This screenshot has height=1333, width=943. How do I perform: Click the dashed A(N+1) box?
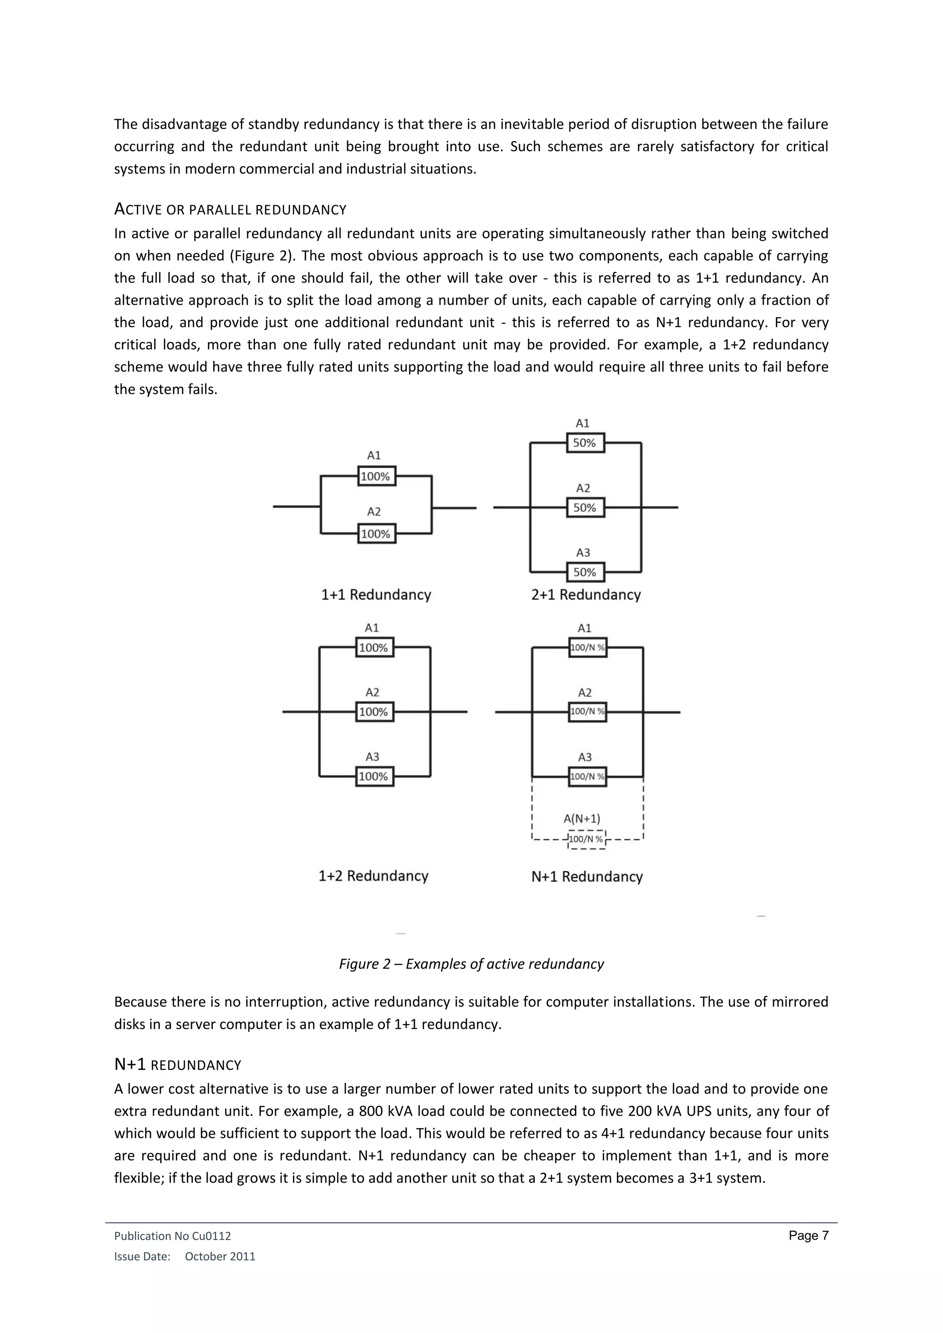pyautogui.click(x=587, y=840)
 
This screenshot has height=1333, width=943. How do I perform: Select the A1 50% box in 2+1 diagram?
pyautogui.click(x=585, y=443)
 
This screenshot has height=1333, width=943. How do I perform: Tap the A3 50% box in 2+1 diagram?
pyautogui.click(x=585, y=573)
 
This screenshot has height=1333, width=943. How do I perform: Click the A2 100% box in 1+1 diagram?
pyautogui.click(x=376, y=534)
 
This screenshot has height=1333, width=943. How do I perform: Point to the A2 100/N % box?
pyautogui.click(x=587, y=712)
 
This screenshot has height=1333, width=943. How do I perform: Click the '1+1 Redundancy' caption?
pyautogui.click(x=376, y=595)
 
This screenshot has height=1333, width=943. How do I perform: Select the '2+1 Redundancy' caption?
pyautogui.click(x=585, y=595)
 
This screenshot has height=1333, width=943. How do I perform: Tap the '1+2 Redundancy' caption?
pyautogui.click(x=373, y=876)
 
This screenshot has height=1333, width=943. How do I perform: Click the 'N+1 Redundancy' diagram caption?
pyautogui.click(x=587, y=877)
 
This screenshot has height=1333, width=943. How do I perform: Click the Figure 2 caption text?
pyautogui.click(x=471, y=964)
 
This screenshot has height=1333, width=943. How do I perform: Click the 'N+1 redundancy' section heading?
pyautogui.click(x=177, y=1065)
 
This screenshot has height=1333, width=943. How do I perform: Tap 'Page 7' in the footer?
pyautogui.click(x=808, y=1236)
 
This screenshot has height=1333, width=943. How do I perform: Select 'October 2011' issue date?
pyautogui.click(x=220, y=1257)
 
